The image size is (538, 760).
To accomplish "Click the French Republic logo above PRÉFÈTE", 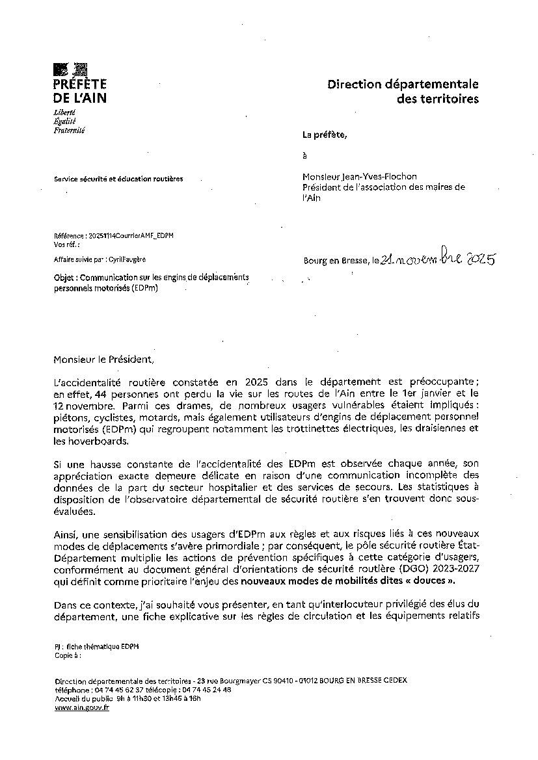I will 70,69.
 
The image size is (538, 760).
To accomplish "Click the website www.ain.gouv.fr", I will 81,708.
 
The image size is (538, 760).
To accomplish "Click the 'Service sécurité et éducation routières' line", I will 118,179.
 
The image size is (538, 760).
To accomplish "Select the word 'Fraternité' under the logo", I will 69,130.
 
